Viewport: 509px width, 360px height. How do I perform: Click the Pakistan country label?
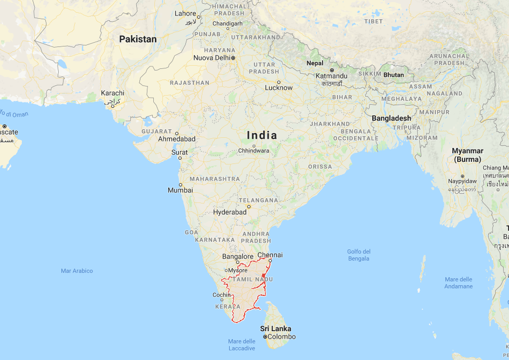pos(138,39)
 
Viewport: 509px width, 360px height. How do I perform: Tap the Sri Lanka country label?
pos(276,328)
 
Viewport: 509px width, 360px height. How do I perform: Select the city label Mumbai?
pos(180,190)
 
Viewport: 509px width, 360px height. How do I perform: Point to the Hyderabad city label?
pos(230,212)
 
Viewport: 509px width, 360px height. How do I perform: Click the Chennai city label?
pos(270,255)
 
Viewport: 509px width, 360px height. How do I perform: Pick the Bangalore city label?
pos(237,257)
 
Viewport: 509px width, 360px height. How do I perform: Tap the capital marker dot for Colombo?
pos(265,337)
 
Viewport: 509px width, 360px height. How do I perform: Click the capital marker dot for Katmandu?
pos(332,70)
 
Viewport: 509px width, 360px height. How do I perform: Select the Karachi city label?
pos(113,93)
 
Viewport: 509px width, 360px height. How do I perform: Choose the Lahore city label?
pos(185,13)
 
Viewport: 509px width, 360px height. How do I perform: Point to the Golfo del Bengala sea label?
pos(358,255)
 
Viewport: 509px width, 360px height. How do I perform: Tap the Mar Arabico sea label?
pos(77,271)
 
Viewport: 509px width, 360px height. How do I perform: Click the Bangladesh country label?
pos(391,118)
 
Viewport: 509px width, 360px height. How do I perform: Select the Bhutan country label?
pos(394,75)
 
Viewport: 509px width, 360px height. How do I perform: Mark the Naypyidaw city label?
pos(462,181)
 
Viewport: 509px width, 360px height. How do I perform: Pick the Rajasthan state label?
pos(190,83)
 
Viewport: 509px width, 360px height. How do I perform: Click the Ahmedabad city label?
pos(177,139)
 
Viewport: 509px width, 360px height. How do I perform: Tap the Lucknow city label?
pos(279,88)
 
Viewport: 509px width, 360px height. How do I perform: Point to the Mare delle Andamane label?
pos(458,283)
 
